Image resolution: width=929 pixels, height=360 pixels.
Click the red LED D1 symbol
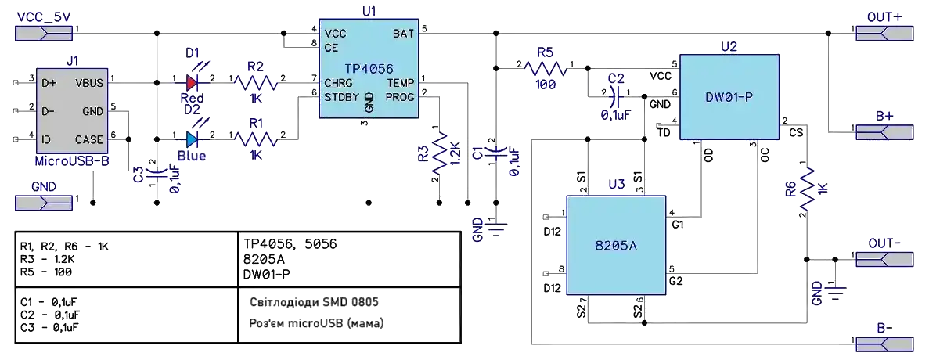(x=193, y=81)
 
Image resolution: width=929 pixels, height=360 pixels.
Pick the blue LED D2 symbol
(x=193, y=140)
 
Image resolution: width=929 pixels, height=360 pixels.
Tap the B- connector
(x=884, y=344)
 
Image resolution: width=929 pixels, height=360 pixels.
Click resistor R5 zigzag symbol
(x=546, y=67)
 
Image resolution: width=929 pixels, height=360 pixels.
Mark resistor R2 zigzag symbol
(x=255, y=81)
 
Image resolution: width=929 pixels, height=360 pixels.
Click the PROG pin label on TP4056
(x=400, y=97)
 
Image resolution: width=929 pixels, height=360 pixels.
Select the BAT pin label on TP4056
(x=403, y=34)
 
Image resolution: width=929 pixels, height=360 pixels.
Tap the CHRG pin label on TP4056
(x=337, y=82)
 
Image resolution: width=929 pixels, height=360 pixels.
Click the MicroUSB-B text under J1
(x=73, y=160)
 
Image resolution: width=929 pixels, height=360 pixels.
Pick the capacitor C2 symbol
(x=616, y=94)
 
